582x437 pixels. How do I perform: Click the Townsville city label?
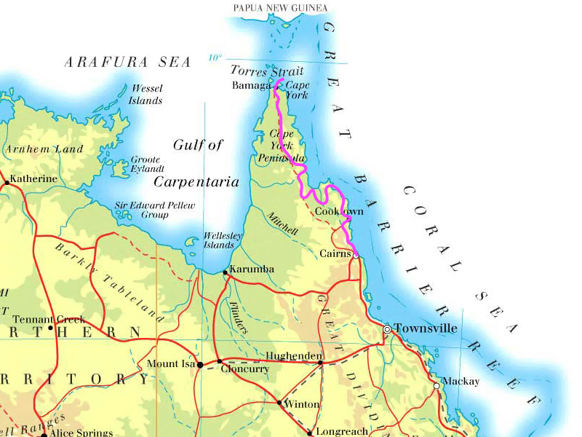pyautogui.click(x=426, y=328)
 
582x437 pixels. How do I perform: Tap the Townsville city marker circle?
pyautogui.click(x=387, y=329)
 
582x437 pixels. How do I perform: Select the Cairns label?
pyautogui.click(x=335, y=253)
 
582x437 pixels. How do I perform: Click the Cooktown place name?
pyautogui.click(x=338, y=211)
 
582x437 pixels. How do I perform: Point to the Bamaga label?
pyautogui.click(x=251, y=85)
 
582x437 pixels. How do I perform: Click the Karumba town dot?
pyautogui.click(x=225, y=272)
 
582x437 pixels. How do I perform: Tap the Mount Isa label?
pyautogui.click(x=171, y=363)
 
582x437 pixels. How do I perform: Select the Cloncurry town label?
pyautogui.click(x=245, y=369)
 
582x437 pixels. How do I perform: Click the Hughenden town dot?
pyautogui.click(x=320, y=362)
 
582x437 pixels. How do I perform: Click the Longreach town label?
pyautogui.click(x=343, y=431)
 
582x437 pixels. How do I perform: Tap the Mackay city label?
pyautogui.click(x=461, y=381)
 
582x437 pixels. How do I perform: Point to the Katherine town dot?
pyautogui.click(x=7, y=184)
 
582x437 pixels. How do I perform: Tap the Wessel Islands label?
pyautogui.click(x=145, y=94)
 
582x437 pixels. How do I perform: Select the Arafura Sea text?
pyautogui.click(x=128, y=62)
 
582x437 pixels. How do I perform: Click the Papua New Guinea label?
pyautogui.click(x=280, y=8)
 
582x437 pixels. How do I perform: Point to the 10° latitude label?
pyautogui.click(x=215, y=58)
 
